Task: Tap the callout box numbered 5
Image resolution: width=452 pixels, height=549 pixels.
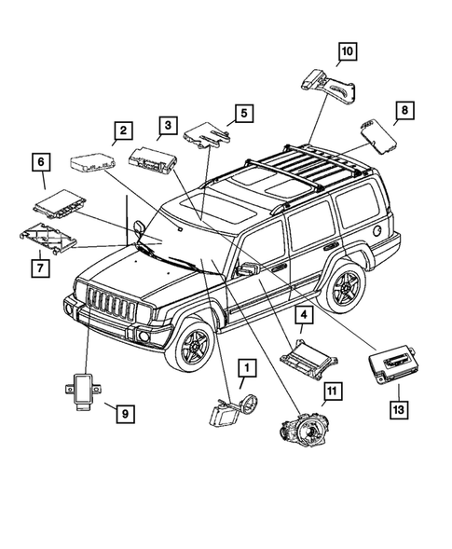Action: pos(242,114)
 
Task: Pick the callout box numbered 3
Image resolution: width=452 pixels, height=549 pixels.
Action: pos(166,124)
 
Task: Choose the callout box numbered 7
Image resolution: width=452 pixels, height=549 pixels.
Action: pos(40,268)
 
